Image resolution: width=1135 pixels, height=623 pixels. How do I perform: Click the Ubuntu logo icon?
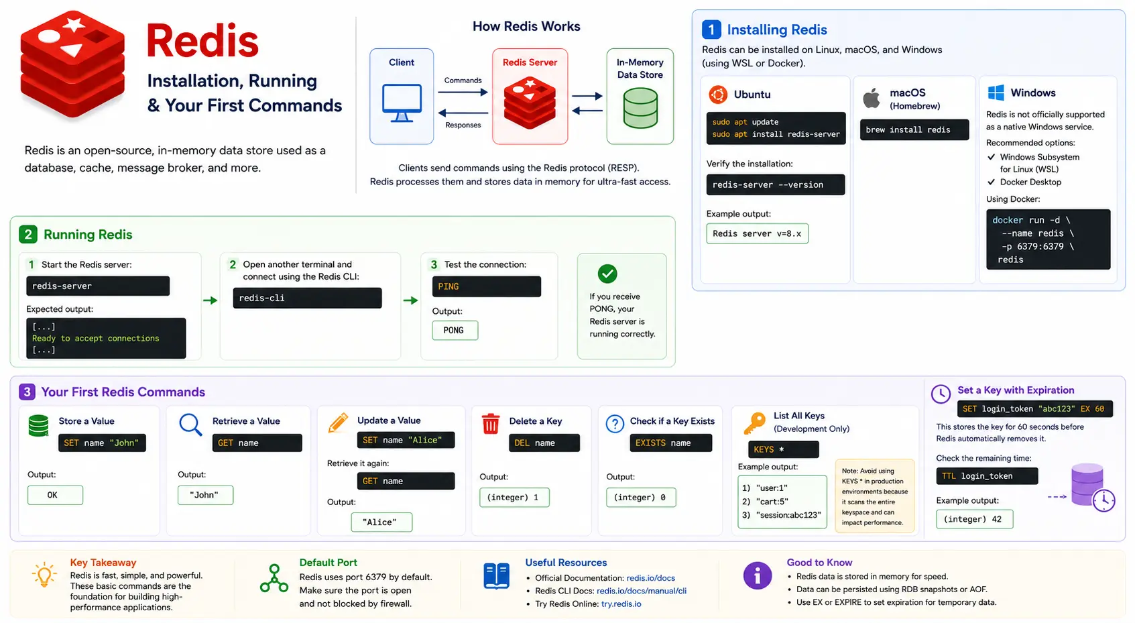point(717,95)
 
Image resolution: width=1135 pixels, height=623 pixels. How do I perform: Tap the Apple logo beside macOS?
point(872,98)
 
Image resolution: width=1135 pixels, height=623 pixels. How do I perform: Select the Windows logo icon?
point(996,93)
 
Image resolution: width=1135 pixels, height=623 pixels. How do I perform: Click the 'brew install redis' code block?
point(914,130)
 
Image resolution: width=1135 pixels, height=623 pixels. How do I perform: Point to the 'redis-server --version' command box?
point(775,184)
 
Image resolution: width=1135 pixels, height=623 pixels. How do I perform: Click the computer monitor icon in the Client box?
point(402,103)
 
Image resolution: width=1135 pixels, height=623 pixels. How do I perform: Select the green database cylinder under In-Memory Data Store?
point(640,108)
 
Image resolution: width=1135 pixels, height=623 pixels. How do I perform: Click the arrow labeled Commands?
point(463,93)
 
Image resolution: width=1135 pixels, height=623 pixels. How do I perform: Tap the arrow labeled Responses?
point(463,113)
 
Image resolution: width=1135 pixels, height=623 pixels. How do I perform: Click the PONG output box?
point(455,331)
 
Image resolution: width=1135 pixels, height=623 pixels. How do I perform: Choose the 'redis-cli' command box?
point(307,298)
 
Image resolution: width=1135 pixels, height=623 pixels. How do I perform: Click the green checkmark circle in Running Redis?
point(607,274)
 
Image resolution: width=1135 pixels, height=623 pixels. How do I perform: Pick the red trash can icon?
point(490,424)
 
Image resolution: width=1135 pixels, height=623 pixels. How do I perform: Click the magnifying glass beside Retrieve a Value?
point(190,424)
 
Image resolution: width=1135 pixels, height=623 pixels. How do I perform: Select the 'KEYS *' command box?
point(783,449)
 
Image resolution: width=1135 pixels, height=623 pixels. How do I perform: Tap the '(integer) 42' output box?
point(974,519)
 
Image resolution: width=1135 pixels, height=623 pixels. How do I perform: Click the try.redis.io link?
point(621,604)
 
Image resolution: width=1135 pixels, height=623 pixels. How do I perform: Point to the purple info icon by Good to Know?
point(757,575)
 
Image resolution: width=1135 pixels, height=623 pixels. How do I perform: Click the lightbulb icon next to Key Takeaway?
point(44,575)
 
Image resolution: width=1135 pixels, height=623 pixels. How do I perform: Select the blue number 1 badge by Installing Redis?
point(711,30)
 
